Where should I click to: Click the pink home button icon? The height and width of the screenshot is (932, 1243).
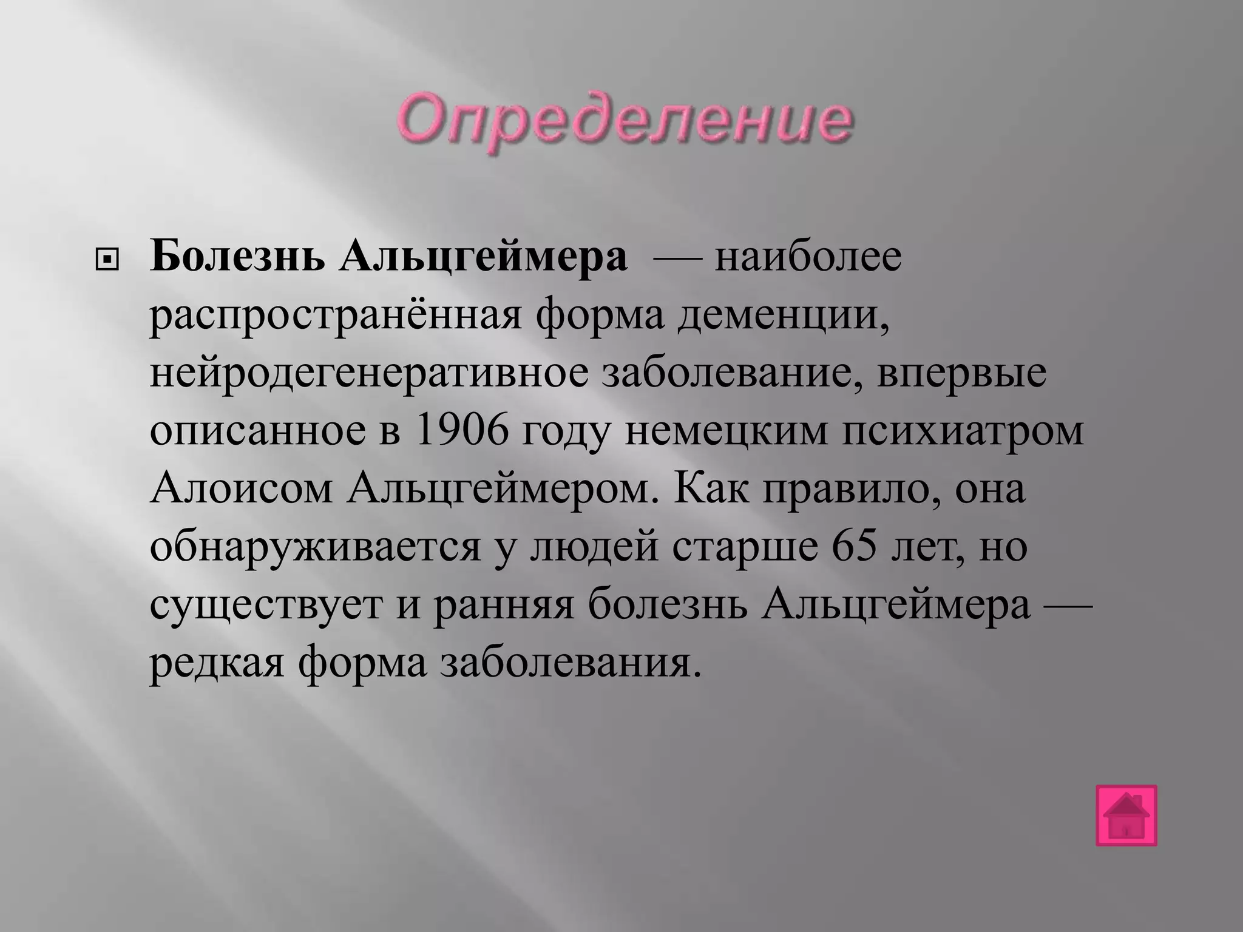[x=1126, y=815]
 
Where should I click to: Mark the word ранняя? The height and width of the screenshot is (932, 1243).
[x=503, y=606]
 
